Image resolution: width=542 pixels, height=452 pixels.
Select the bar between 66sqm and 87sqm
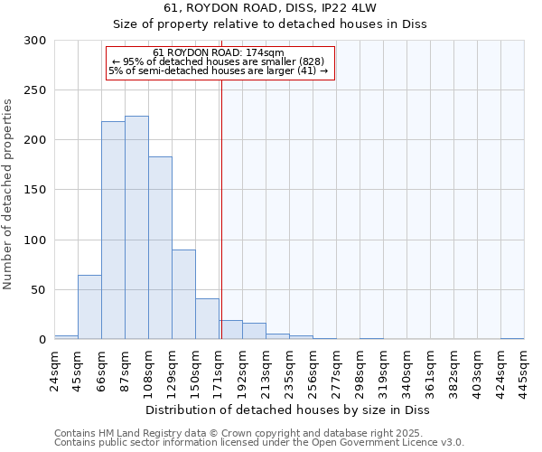113,231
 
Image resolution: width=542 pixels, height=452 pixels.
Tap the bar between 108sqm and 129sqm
160,248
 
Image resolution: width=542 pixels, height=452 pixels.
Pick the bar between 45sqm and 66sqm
89,307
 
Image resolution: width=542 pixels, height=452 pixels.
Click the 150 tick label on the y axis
35,190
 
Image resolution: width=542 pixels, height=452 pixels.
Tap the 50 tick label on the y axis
39,290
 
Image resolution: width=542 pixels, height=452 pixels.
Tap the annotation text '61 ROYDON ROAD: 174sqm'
220,52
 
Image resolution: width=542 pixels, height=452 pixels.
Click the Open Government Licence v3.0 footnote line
258,443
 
